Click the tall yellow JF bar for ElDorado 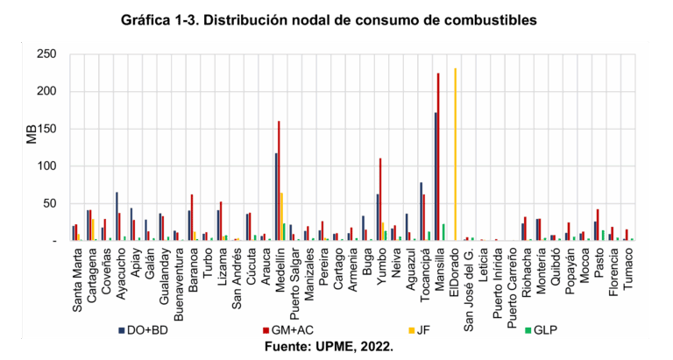[456, 154]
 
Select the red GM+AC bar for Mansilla [438, 157]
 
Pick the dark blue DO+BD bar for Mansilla [435, 176]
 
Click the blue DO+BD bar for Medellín [275, 197]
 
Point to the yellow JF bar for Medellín [282, 216]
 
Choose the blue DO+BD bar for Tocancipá [421, 211]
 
